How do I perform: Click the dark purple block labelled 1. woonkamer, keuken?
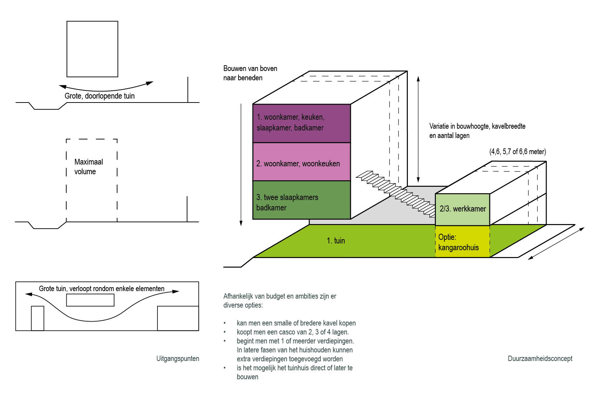302,123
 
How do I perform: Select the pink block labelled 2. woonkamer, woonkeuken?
302,162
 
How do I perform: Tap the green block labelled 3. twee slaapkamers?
302,200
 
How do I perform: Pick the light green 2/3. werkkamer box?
463,209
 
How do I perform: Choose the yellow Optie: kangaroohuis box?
463,241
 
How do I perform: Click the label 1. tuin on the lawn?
336,241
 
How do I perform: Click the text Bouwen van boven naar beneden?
250,73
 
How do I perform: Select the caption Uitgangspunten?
178,359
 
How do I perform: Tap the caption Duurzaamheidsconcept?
540,359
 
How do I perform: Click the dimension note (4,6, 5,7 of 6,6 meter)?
518,152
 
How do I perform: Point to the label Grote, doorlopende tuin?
100,96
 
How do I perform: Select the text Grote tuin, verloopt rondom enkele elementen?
102,289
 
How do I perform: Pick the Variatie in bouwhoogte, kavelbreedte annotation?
477,131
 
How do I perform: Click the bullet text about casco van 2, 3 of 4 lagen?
293,332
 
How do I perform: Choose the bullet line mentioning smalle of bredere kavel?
296,323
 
